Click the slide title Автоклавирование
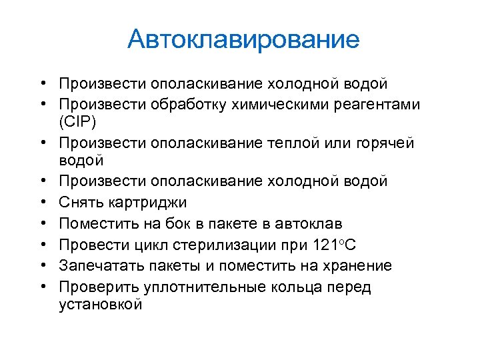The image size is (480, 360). point(243,39)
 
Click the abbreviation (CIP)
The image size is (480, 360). point(78,123)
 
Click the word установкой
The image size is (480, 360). point(101,304)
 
